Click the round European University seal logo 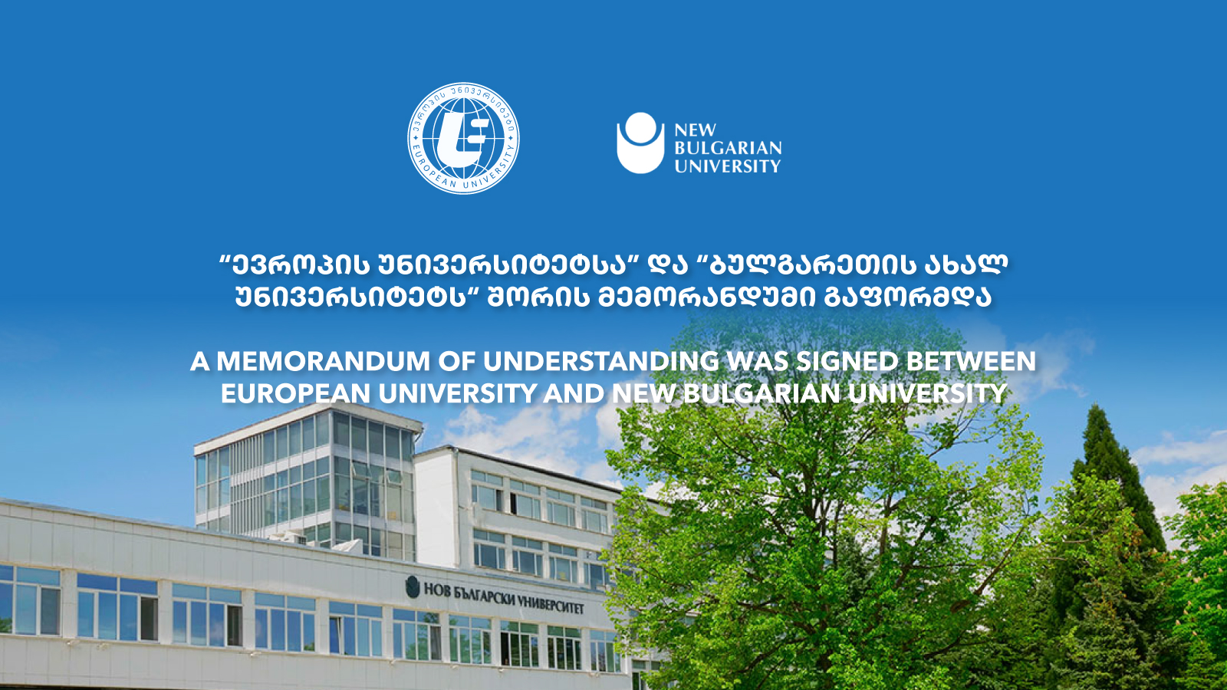coord(463,139)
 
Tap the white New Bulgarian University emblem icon coord(640,143)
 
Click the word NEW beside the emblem coord(695,130)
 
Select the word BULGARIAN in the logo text coord(728,149)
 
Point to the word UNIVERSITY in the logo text coord(728,166)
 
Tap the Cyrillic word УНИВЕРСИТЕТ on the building coord(549,604)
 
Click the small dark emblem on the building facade coord(413,587)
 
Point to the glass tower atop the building coord(308,482)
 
